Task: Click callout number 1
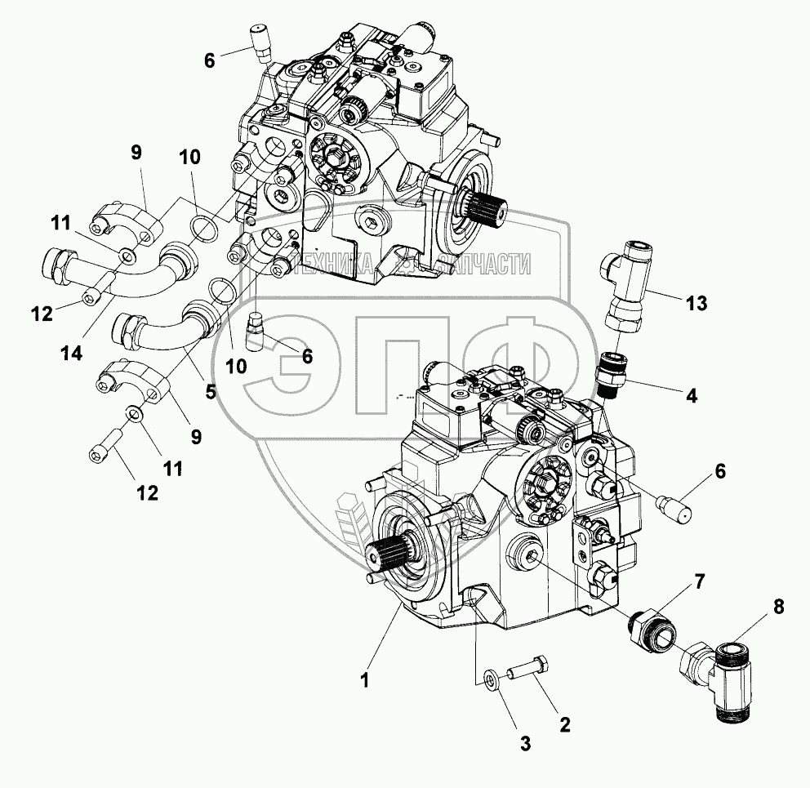pyautogui.click(x=365, y=680)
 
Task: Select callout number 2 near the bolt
pyautogui.click(x=564, y=725)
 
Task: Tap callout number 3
pyautogui.click(x=525, y=744)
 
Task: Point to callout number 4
pyautogui.click(x=691, y=396)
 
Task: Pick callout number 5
pyautogui.click(x=210, y=391)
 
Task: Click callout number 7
pyautogui.click(x=699, y=582)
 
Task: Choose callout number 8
pyautogui.click(x=778, y=608)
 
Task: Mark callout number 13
pyautogui.click(x=696, y=303)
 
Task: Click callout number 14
pyautogui.click(x=72, y=354)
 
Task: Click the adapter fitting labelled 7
pyautogui.click(x=651, y=627)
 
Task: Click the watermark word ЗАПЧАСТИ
pyautogui.click(x=484, y=265)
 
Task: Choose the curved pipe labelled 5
pyautogui.click(x=164, y=326)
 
